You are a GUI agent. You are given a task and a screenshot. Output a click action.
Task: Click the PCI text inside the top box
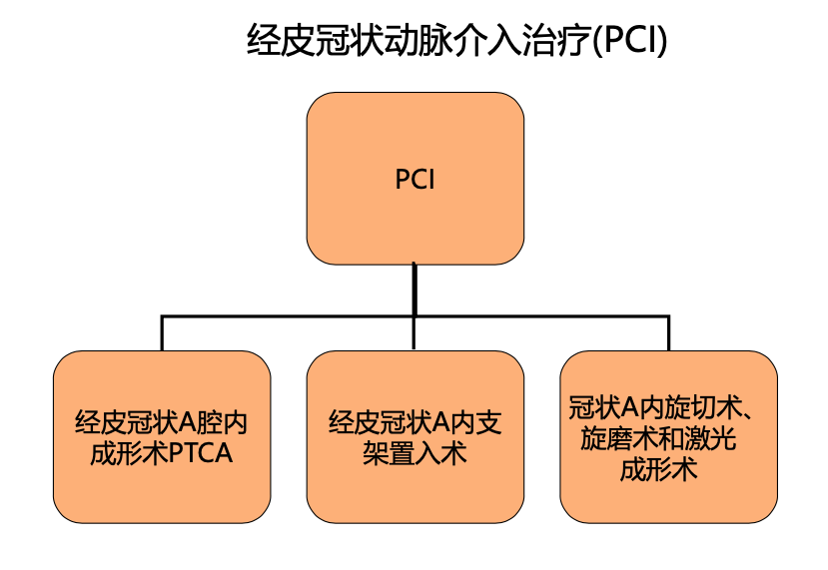[x=414, y=180]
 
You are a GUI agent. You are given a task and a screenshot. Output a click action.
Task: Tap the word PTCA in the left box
[x=200, y=454]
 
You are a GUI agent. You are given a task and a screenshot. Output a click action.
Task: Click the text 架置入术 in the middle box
[x=415, y=454]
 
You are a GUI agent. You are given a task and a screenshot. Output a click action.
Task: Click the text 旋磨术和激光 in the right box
[x=659, y=438]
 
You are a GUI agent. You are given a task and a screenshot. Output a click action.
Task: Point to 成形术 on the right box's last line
[x=659, y=469]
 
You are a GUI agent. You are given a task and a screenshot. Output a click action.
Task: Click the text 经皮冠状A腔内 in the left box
[x=161, y=423]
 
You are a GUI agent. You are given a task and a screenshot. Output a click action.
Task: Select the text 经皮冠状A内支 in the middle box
[x=415, y=423]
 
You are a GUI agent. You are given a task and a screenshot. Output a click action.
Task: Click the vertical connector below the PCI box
[x=414, y=289]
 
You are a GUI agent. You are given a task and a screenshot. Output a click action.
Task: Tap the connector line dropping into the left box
[x=162, y=333]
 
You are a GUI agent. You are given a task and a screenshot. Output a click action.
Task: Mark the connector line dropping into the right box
[x=668, y=333]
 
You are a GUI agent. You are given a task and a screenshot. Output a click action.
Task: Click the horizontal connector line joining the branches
[x=290, y=316]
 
